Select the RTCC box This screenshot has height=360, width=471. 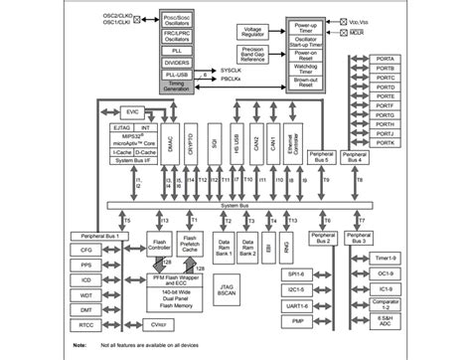(87, 322)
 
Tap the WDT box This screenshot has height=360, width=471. (87, 294)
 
